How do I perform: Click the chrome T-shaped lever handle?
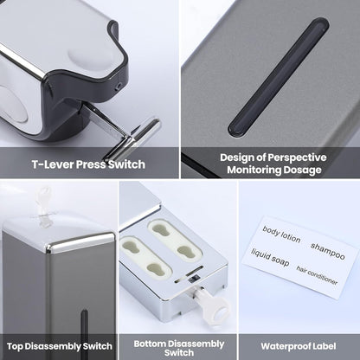coord(132,137)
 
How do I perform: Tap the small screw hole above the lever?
coord(118,87)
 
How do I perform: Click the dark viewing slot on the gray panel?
coord(279,77)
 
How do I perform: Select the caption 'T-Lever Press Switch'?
coord(88,164)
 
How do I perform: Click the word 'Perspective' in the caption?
coord(297,157)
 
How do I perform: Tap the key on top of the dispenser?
coord(43,205)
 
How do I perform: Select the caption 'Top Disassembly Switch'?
coord(60,346)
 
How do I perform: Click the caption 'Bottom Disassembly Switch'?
coord(179,348)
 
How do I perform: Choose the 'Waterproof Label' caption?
coord(299,346)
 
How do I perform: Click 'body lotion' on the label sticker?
coord(281,235)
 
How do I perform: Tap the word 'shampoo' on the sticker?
coord(328,251)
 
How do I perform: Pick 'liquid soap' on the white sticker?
coord(270,257)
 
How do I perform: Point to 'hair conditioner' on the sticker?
coord(317,276)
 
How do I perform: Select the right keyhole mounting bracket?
coord(175,241)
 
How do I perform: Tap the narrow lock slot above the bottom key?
coord(189,274)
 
